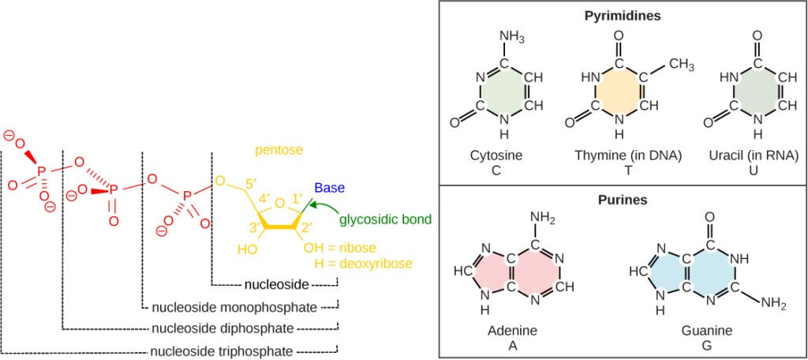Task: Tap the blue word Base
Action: [x=328, y=188]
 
